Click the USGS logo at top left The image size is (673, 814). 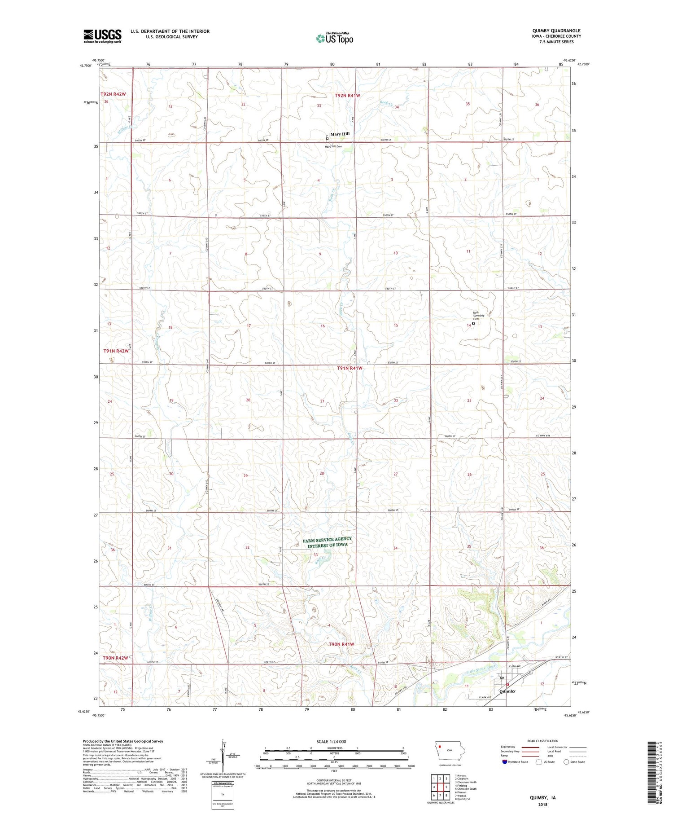tap(102, 36)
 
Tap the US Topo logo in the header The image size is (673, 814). tap(334, 38)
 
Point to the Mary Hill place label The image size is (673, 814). tap(340, 134)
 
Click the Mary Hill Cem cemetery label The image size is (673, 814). tap(333, 146)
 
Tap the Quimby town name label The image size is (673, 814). tap(507, 691)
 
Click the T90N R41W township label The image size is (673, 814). tap(341, 644)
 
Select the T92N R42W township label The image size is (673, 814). tap(113, 94)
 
